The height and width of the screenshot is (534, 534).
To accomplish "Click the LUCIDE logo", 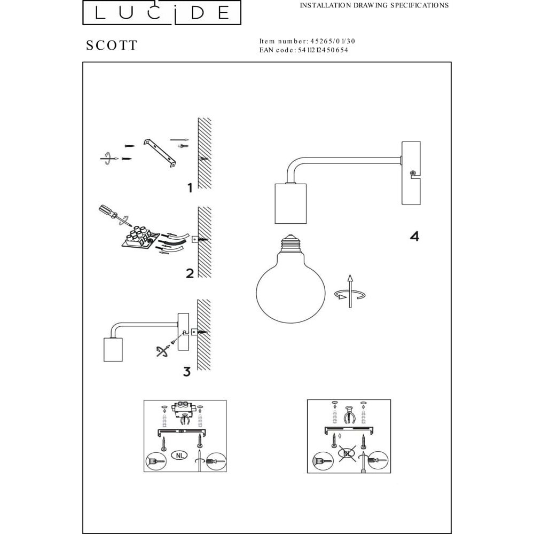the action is pyautogui.click(x=162, y=13).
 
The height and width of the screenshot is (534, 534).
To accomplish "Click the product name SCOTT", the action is pyautogui.click(x=112, y=45).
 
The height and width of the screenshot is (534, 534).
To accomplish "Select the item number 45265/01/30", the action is pyautogui.click(x=333, y=41).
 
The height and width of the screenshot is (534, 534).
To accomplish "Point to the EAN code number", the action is pyautogui.click(x=323, y=50).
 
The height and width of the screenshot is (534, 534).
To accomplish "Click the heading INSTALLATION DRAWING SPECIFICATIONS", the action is pyautogui.click(x=374, y=5).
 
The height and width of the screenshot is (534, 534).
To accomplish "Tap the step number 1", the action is pyautogui.click(x=190, y=187).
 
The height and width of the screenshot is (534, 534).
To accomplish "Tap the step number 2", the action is pyautogui.click(x=190, y=273).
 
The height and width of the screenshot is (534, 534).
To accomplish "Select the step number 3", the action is pyautogui.click(x=186, y=372).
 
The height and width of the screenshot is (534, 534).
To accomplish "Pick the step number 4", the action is pyautogui.click(x=414, y=236).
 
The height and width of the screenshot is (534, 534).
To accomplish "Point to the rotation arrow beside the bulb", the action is pyautogui.click(x=350, y=292).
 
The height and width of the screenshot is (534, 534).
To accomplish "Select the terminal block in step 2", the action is pyautogui.click(x=141, y=238).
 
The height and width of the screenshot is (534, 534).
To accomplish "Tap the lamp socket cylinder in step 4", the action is pyautogui.click(x=290, y=203).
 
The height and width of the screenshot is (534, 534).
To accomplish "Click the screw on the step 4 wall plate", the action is pyautogui.click(x=413, y=173).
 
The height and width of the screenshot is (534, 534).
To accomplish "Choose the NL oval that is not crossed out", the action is pyautogui.click(x=179, y=454).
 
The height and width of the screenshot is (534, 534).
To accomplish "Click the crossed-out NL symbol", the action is pyautogui.click(x=347, y=453).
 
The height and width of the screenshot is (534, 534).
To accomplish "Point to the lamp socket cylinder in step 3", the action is pyautogui.click(x=113, y=349).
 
